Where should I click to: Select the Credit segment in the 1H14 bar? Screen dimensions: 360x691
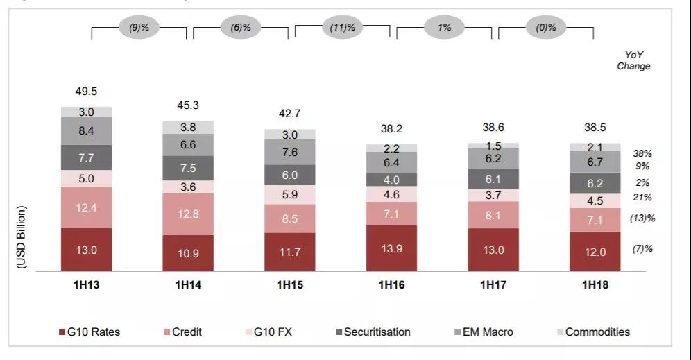(188, 214)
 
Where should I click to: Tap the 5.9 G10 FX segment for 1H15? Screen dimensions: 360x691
(290, 195)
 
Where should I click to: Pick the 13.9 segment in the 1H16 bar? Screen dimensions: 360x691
(392, 248)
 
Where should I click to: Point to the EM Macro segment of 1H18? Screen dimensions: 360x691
(595, 162)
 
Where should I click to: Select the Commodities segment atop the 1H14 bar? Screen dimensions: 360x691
(188, 127)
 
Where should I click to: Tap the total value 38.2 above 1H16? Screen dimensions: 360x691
(392, 128)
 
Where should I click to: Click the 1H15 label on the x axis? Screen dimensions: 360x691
(290, 284)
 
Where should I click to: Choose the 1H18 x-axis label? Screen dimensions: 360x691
(595, 284)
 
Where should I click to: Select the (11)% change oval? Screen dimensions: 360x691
(342, 28)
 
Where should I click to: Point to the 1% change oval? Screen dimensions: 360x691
(444, 28)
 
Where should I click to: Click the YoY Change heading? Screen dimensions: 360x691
(633, 60)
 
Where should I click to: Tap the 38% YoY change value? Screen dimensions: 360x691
(642, 153)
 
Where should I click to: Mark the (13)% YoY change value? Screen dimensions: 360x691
(642, 218)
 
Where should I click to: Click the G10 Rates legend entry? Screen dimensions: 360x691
(89, 332)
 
